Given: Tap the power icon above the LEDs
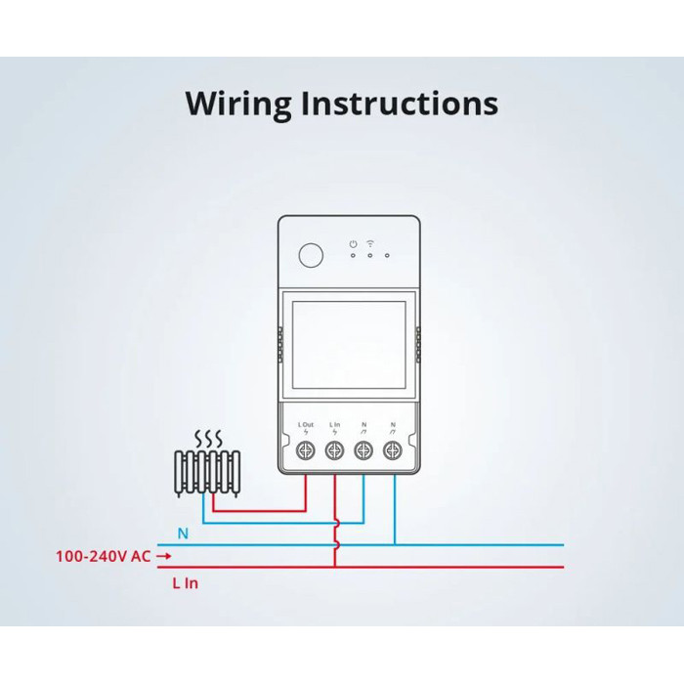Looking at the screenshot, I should click(353, 242).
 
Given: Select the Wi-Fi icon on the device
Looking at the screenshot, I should click(370, 242).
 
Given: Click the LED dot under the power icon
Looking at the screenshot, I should click(353, 256).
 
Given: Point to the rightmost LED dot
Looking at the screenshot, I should click(388, 256).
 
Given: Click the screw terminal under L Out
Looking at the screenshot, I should click(306, 450).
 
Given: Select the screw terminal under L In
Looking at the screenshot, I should click(334, 450).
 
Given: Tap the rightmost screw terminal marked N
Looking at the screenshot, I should click(393, 450).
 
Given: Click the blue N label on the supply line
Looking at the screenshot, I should click(183, 534).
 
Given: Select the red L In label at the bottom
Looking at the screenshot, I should click(185, 582).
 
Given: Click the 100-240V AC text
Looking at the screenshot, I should click(103, 557).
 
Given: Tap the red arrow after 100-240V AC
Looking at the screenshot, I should click(164, 557).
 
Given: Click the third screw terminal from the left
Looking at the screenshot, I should click(363, 450).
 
